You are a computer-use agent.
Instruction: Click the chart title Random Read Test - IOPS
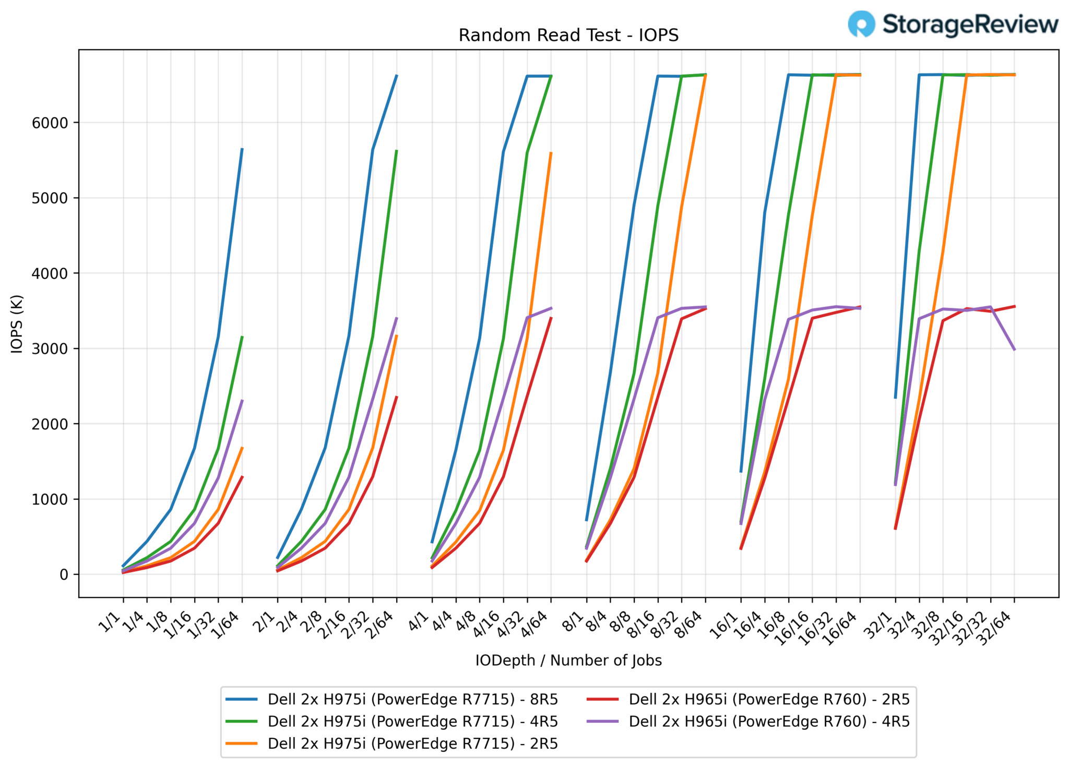pyautogui.click(x=568, y=35)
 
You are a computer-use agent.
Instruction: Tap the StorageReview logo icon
pyautogui.click(x=860, y=24)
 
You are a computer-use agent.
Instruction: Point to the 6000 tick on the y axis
pyautogui.click(x=50, y=123)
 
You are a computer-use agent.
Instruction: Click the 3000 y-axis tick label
pyautogui.click(x=50, y=349)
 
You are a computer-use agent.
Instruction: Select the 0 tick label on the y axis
pyautogui.click(x=64, y=575)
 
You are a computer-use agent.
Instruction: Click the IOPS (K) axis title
pyautogui.click(x=17, y=324)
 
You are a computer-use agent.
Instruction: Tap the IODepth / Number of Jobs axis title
pyautogui.click(x=568, y=661)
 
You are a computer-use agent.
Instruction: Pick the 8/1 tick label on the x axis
pyautogui.click(x=574, y=622)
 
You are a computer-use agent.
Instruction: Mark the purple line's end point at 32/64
pyautogui.click(x=1014, y=350)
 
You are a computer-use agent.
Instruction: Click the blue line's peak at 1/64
pyautogui.click(x=242, y=149)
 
